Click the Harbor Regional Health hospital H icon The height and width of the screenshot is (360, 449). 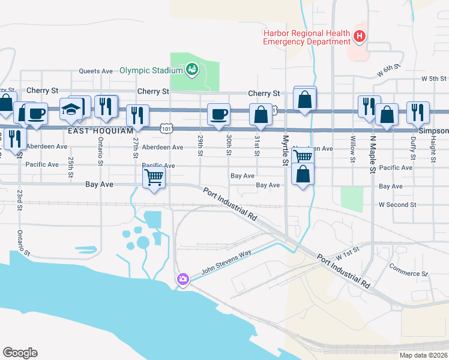click(360, 37)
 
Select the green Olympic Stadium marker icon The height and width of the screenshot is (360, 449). click(192, 70)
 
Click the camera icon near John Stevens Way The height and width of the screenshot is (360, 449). click(182, 279)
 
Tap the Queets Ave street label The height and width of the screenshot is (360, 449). click(97, 71)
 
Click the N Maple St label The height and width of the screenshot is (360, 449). click(373, 154)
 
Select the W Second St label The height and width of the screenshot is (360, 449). click(397, 205)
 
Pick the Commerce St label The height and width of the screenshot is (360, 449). click(408, 270)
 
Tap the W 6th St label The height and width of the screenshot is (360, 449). click(388, 70)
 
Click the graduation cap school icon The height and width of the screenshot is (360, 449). click(71, 110)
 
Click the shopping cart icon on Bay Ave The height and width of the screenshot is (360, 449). click(154, 177)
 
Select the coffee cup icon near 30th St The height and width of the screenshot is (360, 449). click(218, 113)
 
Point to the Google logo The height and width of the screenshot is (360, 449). click(20, 353)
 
